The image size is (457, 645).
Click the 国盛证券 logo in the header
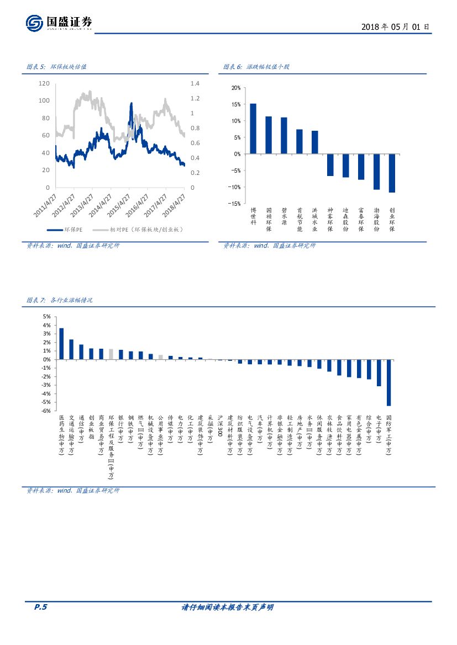(59, 23)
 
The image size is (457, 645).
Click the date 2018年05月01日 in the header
(395, 26)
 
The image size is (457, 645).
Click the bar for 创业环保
(392, 173)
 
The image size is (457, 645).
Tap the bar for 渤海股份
(376, 172)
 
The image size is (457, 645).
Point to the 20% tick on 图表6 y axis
(235, 88)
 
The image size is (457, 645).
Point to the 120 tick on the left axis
(44, 83)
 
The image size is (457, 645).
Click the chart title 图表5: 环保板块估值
(57, 67)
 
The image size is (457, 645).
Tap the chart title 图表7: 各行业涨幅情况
(60, 300)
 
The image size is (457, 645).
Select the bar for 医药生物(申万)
(61, 344)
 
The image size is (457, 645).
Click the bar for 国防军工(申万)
(388, 382)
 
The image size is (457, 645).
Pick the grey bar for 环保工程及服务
(111, 354)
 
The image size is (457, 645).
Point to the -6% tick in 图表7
(45, 411)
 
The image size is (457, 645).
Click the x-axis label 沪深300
(220, 426)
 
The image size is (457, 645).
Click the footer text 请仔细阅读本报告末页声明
(228, 607)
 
